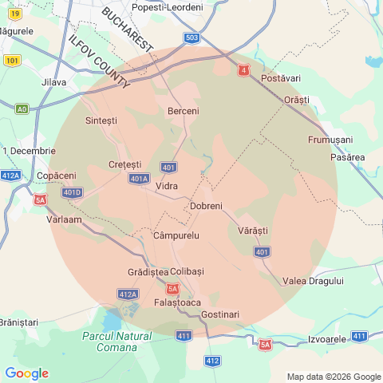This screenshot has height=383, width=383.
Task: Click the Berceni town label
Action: click(184, 111)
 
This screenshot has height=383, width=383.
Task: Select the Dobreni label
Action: click(206, 207)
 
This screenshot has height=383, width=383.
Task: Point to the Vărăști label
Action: click(253, 230)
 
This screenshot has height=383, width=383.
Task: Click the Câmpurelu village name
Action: click(176, 236)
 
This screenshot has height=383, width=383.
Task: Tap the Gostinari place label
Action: click(220, 314)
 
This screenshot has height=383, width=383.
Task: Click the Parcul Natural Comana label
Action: click(116, 342)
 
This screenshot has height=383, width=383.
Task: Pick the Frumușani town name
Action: click(330, 140)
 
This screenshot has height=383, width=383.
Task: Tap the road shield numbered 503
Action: click(191, 38)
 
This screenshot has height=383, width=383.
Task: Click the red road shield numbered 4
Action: click(243, 70)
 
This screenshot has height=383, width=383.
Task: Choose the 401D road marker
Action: click(72, 192)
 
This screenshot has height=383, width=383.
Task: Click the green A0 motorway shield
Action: click(22, 109)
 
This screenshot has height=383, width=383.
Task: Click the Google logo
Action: click(26, 373)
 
